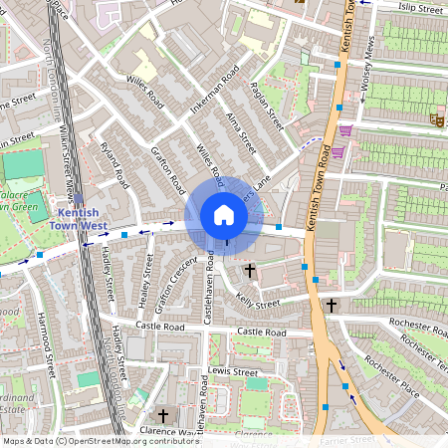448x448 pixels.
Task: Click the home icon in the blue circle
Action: point(223,215)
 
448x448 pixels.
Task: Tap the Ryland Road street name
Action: point(115,165)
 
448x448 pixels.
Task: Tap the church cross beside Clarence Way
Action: point(163,415)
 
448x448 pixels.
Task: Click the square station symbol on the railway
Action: point(79,199)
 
